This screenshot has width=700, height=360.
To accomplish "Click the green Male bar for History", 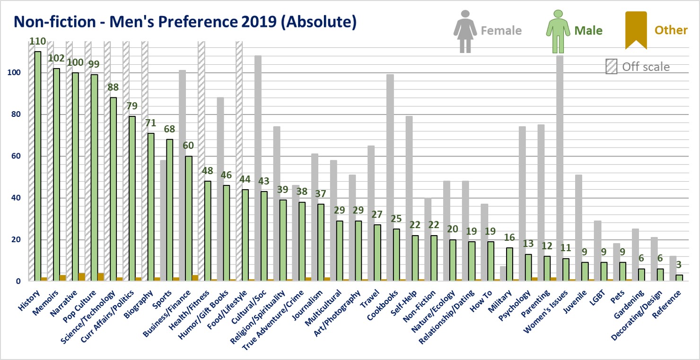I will coord(38,166).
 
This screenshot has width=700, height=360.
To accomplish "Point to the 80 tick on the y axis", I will coord(17,114).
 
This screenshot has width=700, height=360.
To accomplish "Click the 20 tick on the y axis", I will coord(17,239).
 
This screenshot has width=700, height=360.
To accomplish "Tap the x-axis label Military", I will coord(501,303).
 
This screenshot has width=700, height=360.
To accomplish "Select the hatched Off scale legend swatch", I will coord(612,67).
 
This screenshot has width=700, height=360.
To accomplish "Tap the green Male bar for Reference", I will coord(679,278).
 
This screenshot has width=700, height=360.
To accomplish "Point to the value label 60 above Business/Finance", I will coord(189,145).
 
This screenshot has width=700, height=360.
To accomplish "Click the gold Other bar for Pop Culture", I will coord(100,277).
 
